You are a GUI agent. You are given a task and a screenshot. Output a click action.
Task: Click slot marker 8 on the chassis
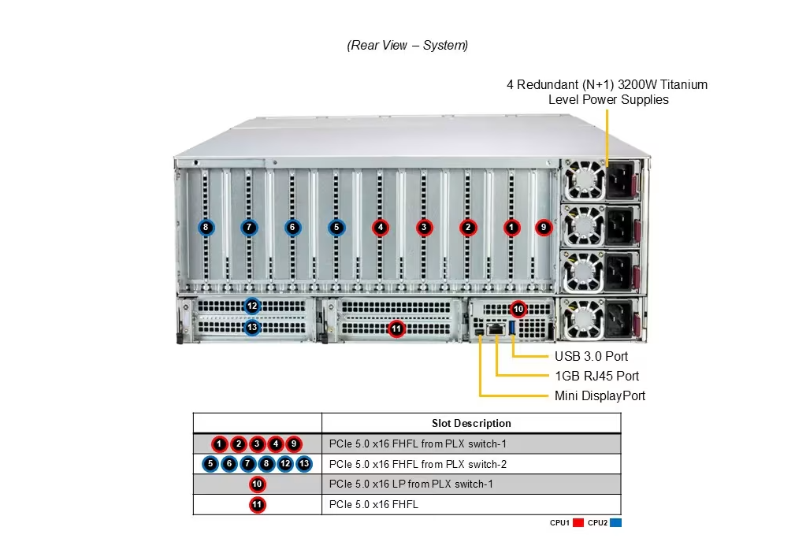(x=206, y=228)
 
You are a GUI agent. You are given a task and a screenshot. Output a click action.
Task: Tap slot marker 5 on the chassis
(x=336, y=228)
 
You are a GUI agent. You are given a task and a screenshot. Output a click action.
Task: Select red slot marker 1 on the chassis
(x=512, y=228)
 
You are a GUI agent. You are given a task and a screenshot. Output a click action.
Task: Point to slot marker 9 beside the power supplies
(x=543, y=228)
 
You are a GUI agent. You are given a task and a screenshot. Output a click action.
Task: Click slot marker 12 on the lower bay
(x=252, y=306)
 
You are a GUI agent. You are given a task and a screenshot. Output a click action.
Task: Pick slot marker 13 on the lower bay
(x=252, y=327)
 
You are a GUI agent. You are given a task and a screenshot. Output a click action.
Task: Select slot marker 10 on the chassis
(x=518, y=309)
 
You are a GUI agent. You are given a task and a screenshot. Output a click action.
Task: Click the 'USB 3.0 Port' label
(x=591, y=356)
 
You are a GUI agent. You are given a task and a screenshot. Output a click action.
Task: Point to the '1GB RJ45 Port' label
(x=596, y=376)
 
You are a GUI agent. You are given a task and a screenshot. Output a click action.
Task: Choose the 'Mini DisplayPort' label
(x=600, y=395)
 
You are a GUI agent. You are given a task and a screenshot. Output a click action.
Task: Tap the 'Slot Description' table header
(x=471, y=423)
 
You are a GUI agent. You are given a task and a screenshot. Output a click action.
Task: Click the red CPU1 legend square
(x=578, y=522)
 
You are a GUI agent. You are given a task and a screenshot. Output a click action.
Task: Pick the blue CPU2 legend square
(x=615, y=522)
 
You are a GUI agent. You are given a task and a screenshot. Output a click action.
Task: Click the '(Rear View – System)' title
(x=407, y=46)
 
